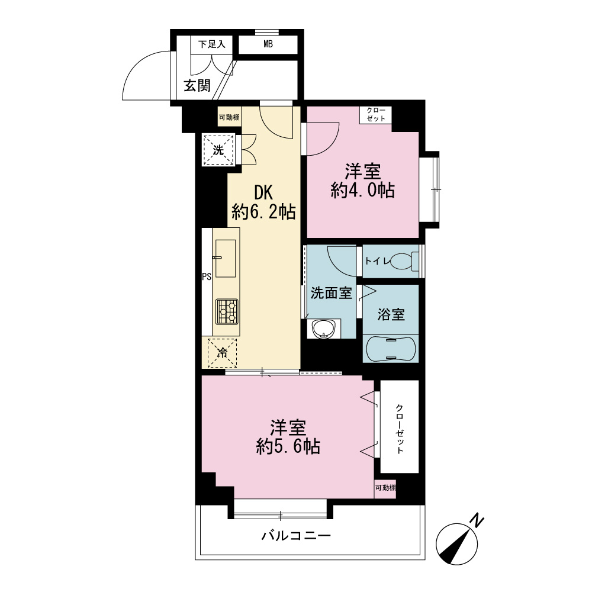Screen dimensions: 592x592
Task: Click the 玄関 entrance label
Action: pos(197,86)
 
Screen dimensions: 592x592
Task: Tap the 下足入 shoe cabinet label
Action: pos(212,44)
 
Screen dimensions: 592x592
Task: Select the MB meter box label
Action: pos(268,44)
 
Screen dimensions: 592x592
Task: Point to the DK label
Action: pos(263,193)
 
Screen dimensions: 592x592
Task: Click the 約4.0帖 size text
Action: pos(363,190)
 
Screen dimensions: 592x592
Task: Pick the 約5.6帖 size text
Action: pos(288,447)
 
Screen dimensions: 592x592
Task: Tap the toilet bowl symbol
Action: pos(404,261)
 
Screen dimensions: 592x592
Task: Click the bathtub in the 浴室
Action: pos(390,349)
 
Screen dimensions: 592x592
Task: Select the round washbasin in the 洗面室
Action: pos(323,329)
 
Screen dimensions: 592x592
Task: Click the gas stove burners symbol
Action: pos(227,311)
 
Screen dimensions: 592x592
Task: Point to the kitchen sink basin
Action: pos(226,259)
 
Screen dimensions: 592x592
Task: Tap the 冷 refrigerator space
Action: pos(223,353)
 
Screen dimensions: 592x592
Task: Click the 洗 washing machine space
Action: pos(218,150)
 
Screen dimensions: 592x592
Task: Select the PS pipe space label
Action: pos(207,276)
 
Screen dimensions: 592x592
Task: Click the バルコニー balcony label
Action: pos(297,535)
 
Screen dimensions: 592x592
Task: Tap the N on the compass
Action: pos(477,521)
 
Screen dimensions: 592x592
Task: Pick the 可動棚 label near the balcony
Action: pos(385,488)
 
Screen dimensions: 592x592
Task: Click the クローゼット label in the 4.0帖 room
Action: pos(376,115)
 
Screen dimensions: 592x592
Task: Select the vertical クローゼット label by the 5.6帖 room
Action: pos(400,429)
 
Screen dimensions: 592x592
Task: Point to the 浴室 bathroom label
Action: pos(391,314)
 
